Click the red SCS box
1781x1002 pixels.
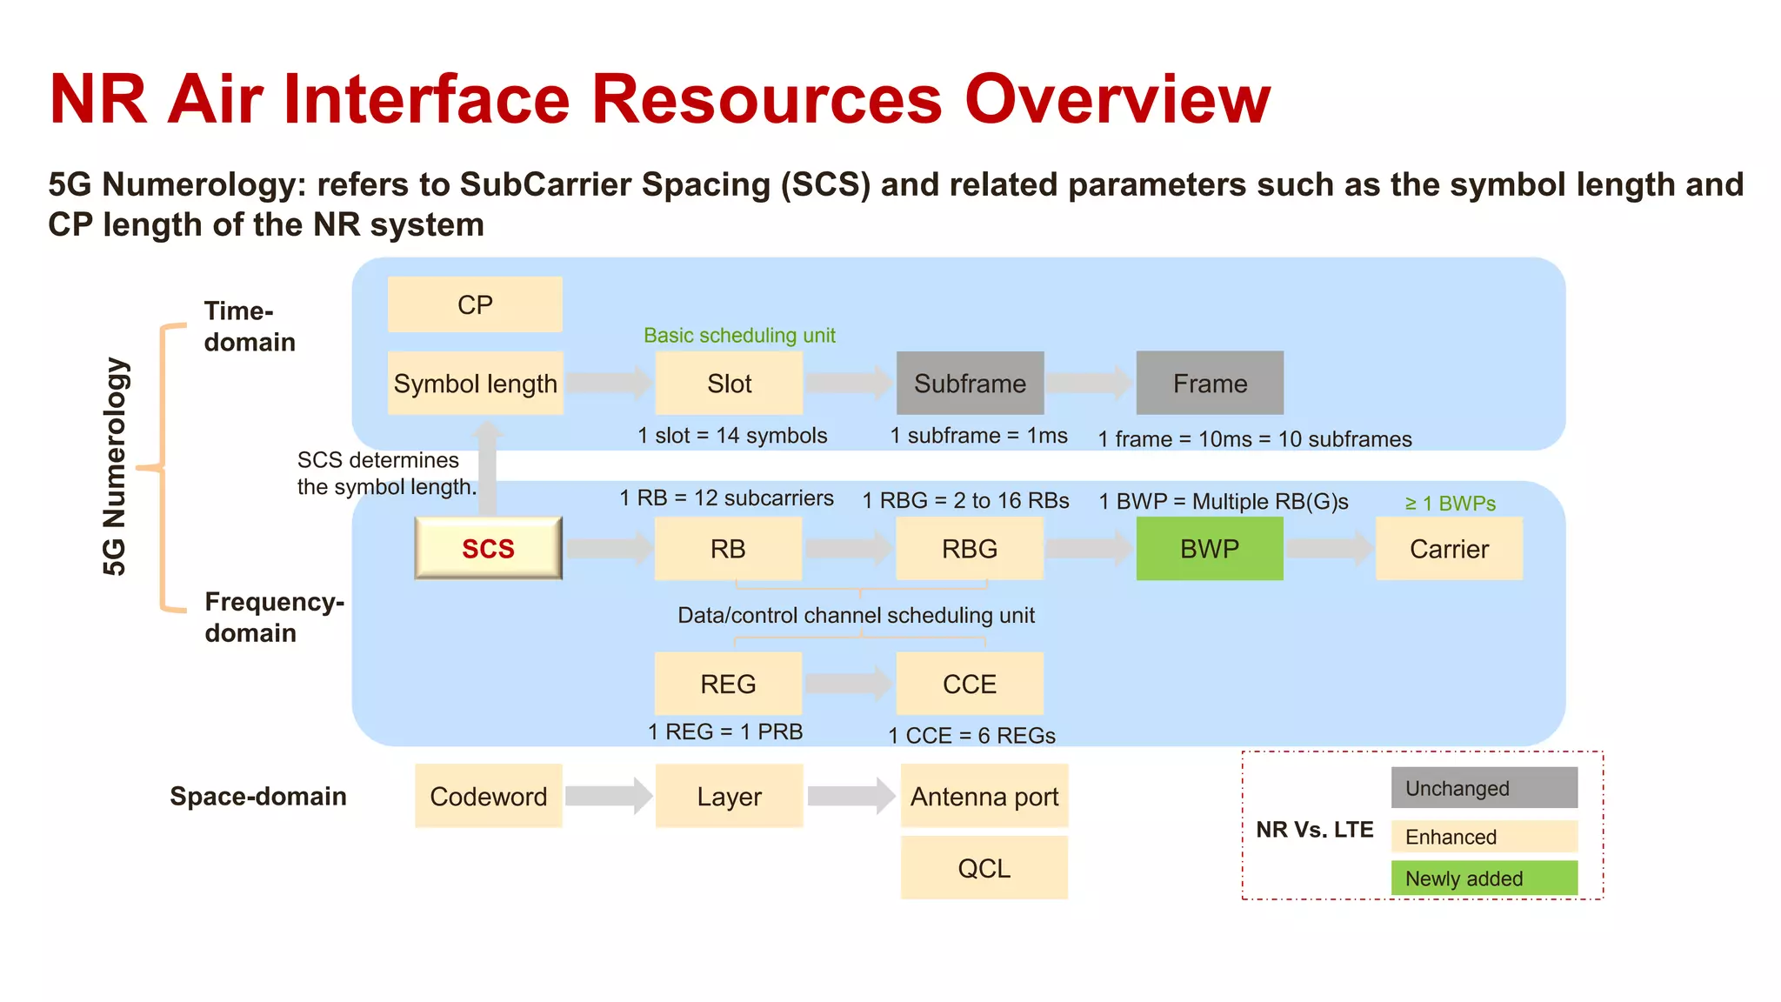pyautogui.click(x=488, y=548)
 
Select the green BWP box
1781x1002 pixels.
pyautogui.click(x=1209, y=549)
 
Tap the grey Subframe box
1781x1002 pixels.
pyautogui.click(x=970, y=383)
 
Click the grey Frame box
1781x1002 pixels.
pyautogui.click(x=1209, y=383)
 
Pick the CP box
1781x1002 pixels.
pyautogui.click(x=475, y=304)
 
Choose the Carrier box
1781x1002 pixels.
pyautogui.click(x=1449, y=549)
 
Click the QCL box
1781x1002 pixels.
pyautogui.click(x=984, y=867)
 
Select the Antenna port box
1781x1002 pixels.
pyautogui.click(x=984, y=796)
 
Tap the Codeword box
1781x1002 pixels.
pyautogui.click(x=488, y=796)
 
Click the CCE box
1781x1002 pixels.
pyautogui.click(x=969, y=684)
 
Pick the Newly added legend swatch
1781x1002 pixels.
pyautogui.click(x=1484, y=878)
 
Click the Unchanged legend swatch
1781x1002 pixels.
pyautogui.click(x=1484, y=787)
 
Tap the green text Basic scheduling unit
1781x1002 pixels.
pyautogui.click(x=739, y=336)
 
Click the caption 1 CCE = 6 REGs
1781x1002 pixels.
pyautogui.click(x=971, y=736)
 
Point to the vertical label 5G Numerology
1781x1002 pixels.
pyautogui.click(x=115, y=466)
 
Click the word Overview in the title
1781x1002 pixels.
pyautogui.click(x=1117, y=99)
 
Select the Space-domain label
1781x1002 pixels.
pyautogui.click(x=258, y=796)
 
